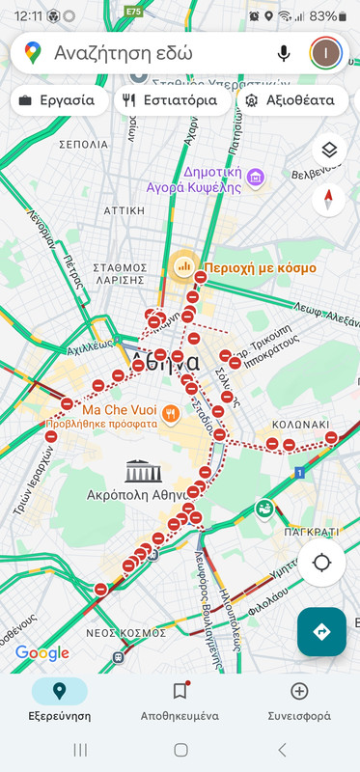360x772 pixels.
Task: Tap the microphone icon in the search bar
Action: (284, 52)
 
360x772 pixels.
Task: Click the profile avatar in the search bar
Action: (325, 52)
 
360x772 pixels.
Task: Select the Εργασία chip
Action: (58, 99)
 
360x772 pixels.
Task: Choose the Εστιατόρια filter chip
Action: (172, 99)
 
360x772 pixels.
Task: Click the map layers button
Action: (328, 151)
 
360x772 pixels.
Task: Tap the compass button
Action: (328, 200)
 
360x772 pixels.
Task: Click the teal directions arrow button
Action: (321, 631)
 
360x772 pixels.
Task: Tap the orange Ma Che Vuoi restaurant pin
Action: (170, 414)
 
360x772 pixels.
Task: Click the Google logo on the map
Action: (42, 653)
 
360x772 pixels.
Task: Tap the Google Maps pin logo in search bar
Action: (33, 52)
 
